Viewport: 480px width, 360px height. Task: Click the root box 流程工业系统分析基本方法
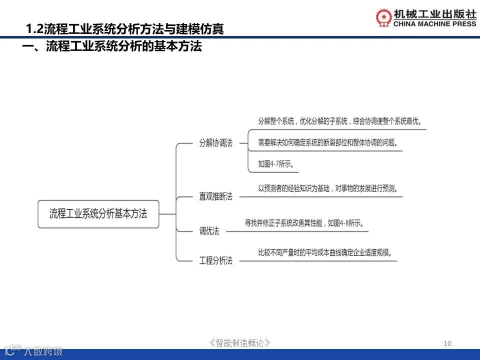(98, 214)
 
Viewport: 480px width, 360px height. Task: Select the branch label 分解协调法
(216, 142)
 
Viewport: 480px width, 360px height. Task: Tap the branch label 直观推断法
(216, 196)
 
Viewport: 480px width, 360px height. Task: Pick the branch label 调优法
(209, 230)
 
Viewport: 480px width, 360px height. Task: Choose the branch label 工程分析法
(216, 260)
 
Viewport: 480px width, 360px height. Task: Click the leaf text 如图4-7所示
(275, 163)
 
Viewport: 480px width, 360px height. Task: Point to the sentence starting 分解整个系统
(339, 121)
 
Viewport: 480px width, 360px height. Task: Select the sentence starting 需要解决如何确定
(328, 142)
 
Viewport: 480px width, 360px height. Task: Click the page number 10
(447, 343)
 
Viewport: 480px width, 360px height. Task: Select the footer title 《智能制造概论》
(240, 343)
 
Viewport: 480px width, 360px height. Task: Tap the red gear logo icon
(384, 17)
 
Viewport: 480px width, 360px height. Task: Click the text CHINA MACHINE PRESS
(435, 23)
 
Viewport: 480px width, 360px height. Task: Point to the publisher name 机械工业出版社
(435, 13)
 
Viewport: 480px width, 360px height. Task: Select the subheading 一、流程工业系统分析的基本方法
(112, 47)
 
